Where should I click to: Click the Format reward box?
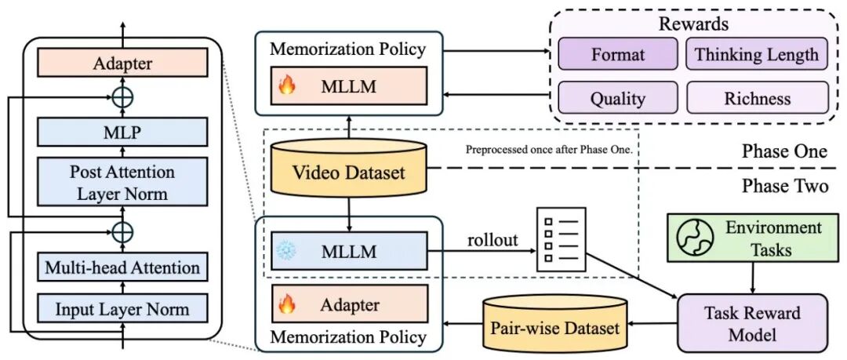617,53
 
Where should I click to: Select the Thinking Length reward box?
756,53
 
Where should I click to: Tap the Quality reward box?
617,98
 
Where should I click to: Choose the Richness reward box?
758,98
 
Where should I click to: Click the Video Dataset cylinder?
348,168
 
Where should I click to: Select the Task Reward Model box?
752,322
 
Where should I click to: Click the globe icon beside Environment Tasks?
695,238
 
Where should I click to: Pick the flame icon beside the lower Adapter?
287,304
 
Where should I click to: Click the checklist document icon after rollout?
561,239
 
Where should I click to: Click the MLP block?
122,131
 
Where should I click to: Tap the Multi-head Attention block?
122,267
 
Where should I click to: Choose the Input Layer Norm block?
122,309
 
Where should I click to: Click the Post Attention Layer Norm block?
122,183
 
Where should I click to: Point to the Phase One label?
783,151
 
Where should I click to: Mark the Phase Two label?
784,186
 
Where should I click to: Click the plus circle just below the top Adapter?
122,97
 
